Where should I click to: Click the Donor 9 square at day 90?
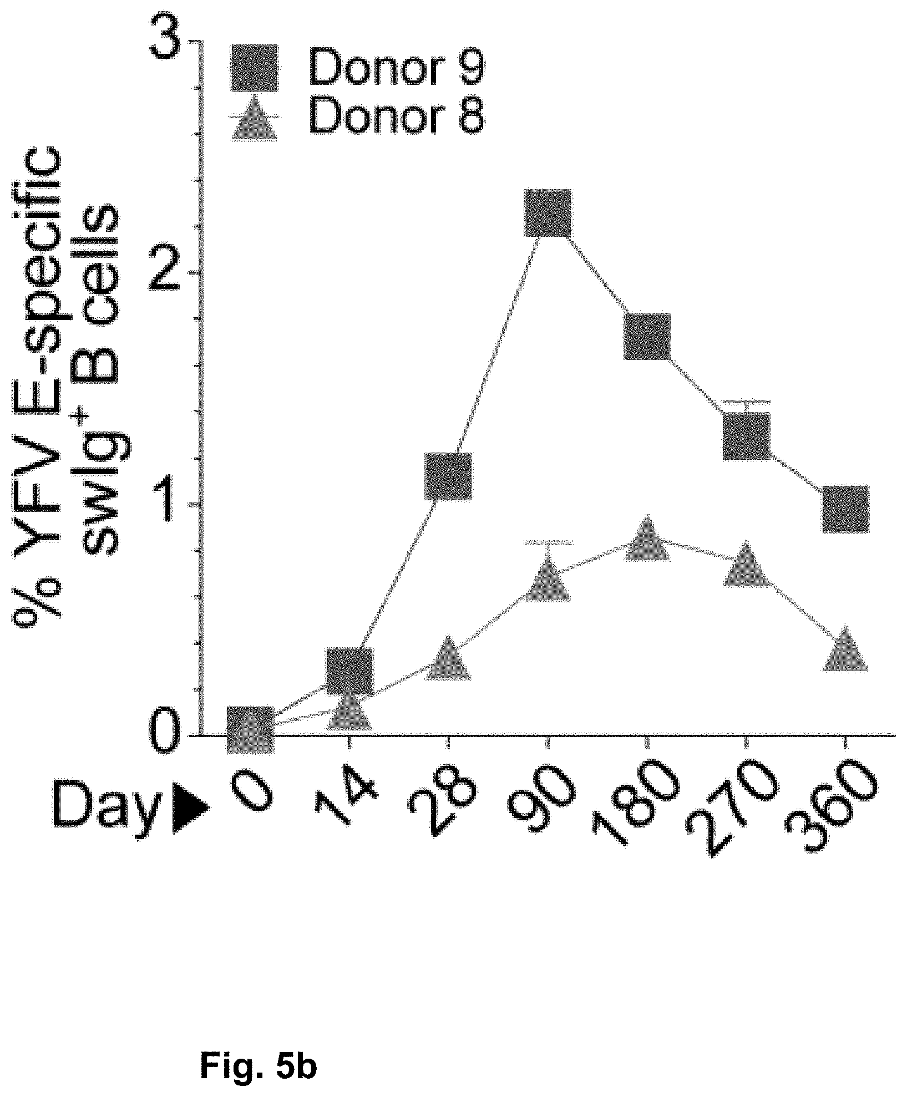click(x=547, y=212)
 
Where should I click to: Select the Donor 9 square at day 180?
click(x=647, y=336)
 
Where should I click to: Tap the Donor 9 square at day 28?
click(x=448, y=476)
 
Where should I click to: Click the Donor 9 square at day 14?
click(x=349, y=671)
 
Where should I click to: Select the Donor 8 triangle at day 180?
click(x=647, y=541)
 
